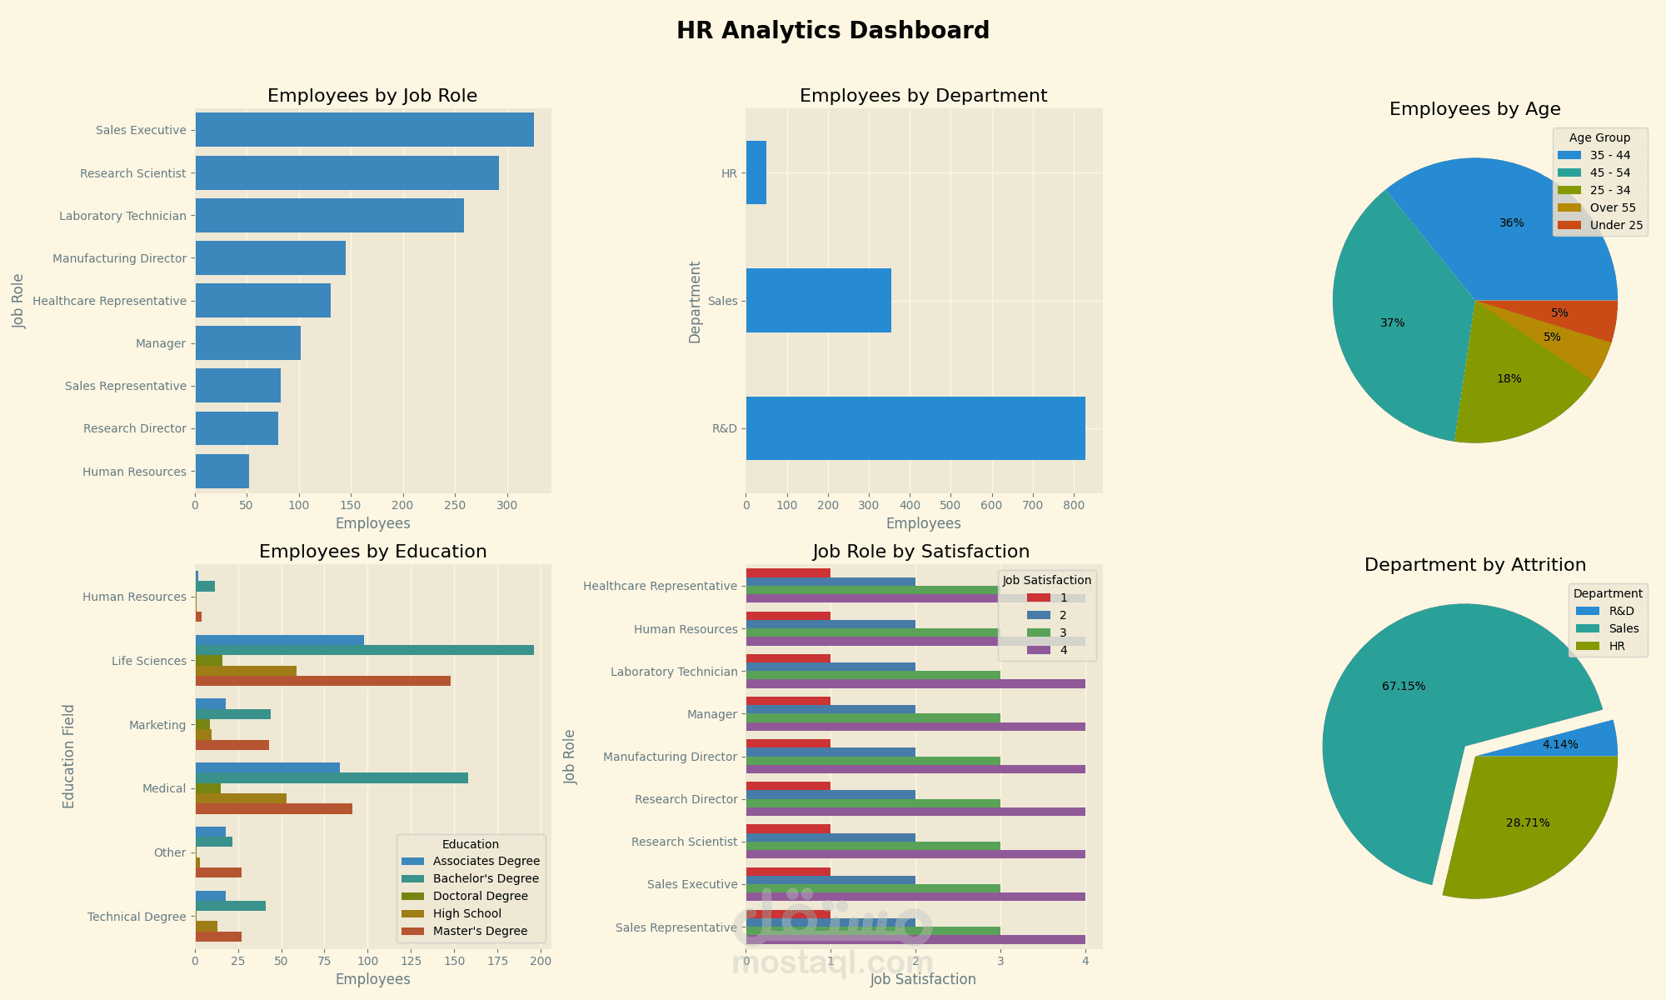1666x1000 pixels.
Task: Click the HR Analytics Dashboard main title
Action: click(832, 31)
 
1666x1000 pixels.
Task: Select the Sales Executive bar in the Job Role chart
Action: click(364, 130)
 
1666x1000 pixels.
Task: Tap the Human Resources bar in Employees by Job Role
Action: click(222, 472)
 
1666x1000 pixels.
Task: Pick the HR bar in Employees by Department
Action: click(756, 172)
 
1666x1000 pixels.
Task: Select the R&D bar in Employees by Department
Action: click(915, 428)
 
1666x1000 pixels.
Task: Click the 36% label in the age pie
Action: click(1511, 222)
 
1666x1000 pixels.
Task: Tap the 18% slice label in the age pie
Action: click(1509, 378)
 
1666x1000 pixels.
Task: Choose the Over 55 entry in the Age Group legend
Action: click(1612, 207)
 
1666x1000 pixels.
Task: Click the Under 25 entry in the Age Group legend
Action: click(1616, 225)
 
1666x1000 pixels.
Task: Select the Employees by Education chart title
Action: click(372, 552)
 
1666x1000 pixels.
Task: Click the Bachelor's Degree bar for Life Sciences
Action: click(364, 650)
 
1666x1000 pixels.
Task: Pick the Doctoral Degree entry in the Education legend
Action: click(480, 897)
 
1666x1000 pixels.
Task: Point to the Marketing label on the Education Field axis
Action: click(157, 725)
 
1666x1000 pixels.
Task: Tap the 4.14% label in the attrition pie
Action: click(1559, 744)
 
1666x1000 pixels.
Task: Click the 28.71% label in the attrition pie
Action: click(1528, 822)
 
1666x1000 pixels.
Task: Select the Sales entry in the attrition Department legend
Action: click(1624, 628)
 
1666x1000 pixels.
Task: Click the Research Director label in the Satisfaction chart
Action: click(686, 800)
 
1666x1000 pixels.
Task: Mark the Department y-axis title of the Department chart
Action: click(695, 302)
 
